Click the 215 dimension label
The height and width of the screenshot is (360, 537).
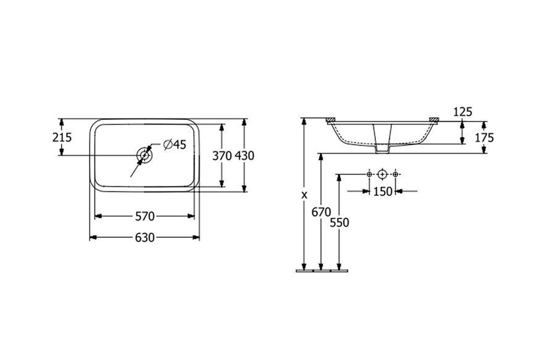tap(62, 137)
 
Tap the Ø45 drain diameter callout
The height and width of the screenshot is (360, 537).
tap(175, 144)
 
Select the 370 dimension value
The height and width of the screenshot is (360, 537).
tap(222, 156)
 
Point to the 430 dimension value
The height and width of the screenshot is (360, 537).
tap(244, 156)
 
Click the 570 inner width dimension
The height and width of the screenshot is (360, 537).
tap(144, 217)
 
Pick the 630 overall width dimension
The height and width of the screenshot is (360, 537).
tap(144, 237)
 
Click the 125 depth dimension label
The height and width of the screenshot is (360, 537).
tap(463, 112)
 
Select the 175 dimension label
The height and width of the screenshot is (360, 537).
tap(485, 138)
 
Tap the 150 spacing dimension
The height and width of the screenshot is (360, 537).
tap(383, 191)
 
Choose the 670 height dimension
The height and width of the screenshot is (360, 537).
tap(321, 212)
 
